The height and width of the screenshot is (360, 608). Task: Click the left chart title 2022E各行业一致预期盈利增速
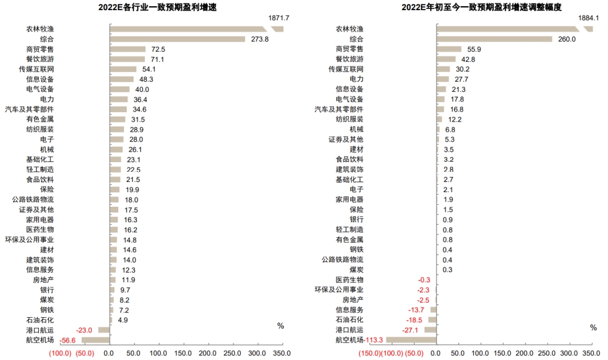coord(158,7)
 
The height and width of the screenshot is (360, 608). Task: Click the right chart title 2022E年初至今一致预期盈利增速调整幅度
coord(481,7)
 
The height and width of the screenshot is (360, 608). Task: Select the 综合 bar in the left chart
coord(177,39)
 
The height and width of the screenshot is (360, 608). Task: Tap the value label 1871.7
coord(279,18)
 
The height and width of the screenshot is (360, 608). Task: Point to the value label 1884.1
coord(589,18)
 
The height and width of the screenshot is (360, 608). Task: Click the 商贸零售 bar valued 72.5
coord(128,49)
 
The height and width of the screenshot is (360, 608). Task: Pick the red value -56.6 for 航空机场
coord(68,340)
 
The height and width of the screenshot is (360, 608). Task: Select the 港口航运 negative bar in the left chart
coord(104,330)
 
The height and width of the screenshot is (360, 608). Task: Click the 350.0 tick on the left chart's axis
coord(281,353)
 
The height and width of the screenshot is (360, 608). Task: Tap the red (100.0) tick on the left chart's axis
coord(60,353)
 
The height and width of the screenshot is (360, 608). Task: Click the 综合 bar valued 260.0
coord(494,39)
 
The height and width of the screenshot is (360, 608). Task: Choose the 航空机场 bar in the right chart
coord(411,340)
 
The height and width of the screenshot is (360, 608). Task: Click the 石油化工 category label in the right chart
coord(350,320)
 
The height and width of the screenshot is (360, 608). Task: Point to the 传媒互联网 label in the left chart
coord(37,69)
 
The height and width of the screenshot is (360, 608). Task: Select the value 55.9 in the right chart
coord(474,49)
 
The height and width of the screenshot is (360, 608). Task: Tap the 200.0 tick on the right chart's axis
coord(524,353)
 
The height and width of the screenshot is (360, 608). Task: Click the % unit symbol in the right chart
coord(593,328)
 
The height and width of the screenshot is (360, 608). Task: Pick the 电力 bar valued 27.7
coord(443,79)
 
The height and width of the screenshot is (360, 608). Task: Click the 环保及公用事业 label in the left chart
coord(29,240)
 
